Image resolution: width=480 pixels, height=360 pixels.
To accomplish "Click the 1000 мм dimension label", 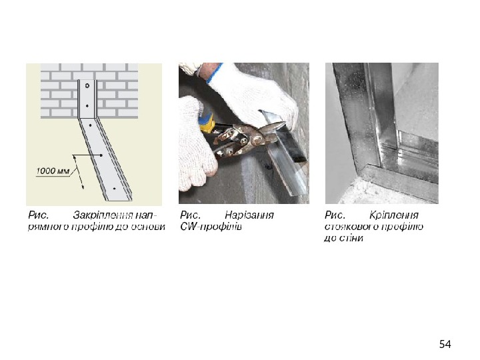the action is click(53, 171).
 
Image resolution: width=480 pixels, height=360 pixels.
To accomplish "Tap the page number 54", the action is click(445, 345).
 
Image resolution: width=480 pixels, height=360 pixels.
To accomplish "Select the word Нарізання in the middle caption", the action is click(249, 215).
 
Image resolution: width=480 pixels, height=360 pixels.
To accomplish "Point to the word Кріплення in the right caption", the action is click(394, 215).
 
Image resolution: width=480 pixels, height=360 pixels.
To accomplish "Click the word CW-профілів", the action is click(211, 227).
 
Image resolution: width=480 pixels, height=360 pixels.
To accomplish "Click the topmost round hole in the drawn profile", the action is click(87, 86).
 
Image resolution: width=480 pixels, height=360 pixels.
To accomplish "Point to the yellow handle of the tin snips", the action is click(206, 123).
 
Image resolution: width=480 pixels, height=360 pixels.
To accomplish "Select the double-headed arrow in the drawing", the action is click(79, 172).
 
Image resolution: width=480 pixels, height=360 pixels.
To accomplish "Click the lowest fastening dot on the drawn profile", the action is click(115, 189).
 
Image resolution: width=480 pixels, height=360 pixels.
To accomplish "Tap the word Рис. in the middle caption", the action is click(190, 215).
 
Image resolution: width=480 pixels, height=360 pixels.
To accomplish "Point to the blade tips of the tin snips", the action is click(283, 124).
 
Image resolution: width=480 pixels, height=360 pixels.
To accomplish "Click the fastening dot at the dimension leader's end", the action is click(101, 155).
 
